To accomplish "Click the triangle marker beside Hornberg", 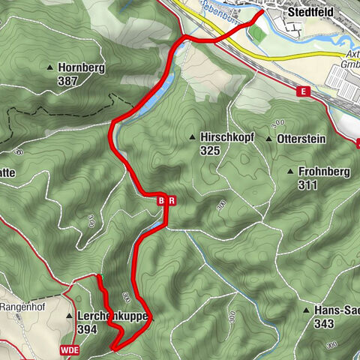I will pos(49,67).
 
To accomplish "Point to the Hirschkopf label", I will pos(224,138).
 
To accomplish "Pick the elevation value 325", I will pos(210,150).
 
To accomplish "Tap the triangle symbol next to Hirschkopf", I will pos(193,138).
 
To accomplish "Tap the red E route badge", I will pos(302,91).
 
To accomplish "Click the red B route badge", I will pos(160,200).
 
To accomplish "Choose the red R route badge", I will pos(172,200).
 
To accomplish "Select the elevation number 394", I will pos(87,328).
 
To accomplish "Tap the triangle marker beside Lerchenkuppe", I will pos(70,316).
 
